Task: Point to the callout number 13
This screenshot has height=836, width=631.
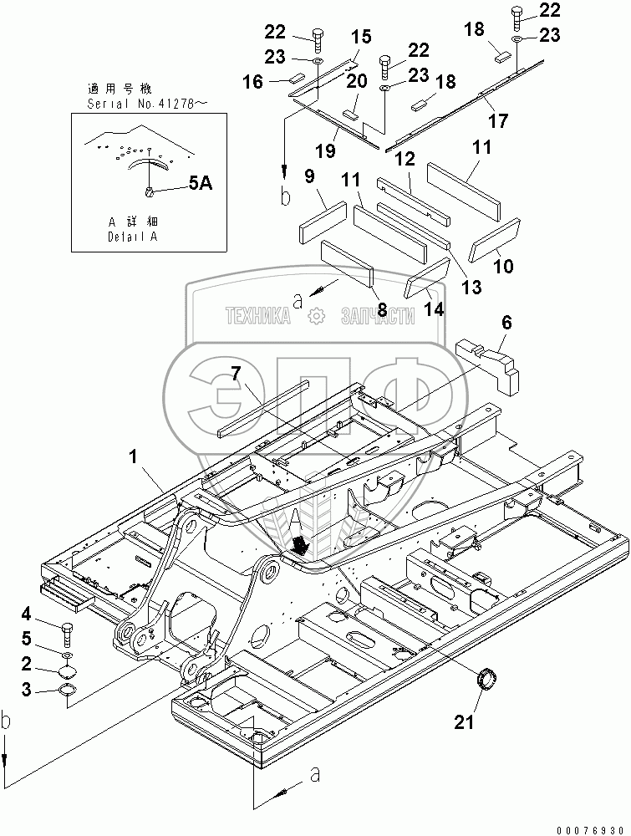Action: click(x=471, y=287)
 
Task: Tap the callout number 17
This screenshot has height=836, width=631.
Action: click(x=498, y=120)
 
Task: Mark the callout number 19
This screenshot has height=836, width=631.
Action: click(x=327, y=150)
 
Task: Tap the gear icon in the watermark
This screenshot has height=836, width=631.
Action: click(x=315, y=315)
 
